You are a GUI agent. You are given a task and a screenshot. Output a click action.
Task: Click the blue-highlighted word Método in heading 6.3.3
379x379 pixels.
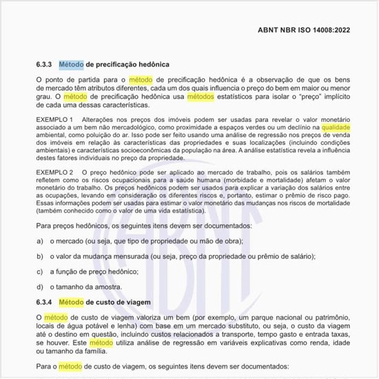click(71, 64)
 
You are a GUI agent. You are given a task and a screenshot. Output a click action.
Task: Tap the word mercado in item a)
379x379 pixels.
click(72, 241)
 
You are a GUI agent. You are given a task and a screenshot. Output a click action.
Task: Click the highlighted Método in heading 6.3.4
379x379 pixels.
click(71, 302)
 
